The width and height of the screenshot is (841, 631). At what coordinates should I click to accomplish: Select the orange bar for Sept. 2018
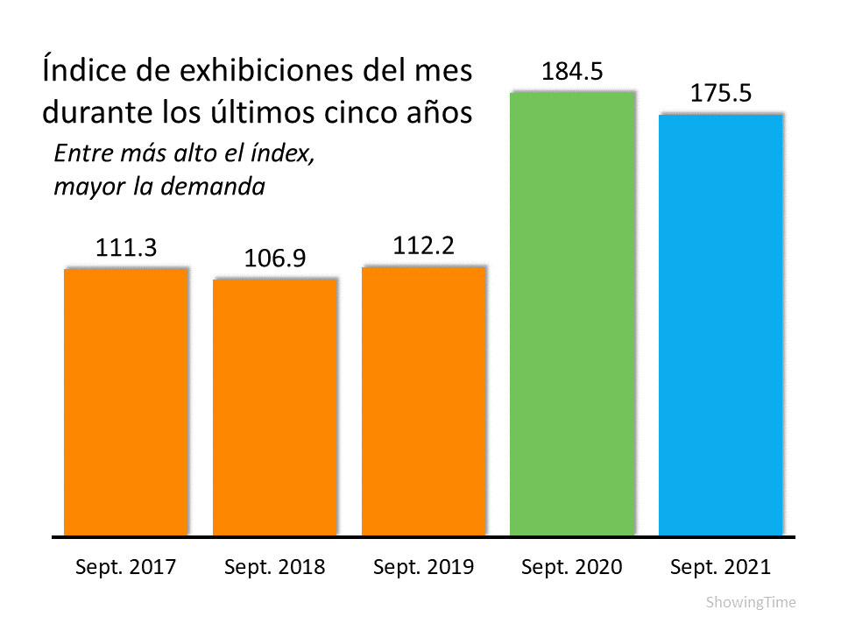point(275,407)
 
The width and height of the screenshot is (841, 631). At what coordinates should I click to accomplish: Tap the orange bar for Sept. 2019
point(423,401)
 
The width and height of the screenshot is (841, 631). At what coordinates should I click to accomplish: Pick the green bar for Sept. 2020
point(571,313)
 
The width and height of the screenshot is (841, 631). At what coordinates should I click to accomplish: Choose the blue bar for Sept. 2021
point(720,323)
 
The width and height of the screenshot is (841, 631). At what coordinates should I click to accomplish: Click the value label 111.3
point(126,249)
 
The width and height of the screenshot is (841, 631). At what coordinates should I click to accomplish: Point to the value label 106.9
point(274,260)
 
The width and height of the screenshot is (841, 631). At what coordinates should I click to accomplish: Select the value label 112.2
point(423,247)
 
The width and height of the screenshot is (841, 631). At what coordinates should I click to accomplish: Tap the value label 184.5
point(572,72)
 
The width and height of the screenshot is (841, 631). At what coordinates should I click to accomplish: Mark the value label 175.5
point(720,94)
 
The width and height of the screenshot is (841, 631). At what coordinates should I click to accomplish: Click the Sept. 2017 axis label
point(126,567)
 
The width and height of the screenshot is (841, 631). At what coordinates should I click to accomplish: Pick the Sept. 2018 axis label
point(274,567)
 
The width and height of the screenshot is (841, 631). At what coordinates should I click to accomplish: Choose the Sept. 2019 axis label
point(423,567)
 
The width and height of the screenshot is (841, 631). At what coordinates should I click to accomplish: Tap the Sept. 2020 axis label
point(571,567)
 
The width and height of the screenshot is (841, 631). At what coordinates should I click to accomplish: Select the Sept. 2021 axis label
point(720,567)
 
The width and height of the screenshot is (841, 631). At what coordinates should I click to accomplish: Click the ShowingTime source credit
point(751,603)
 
